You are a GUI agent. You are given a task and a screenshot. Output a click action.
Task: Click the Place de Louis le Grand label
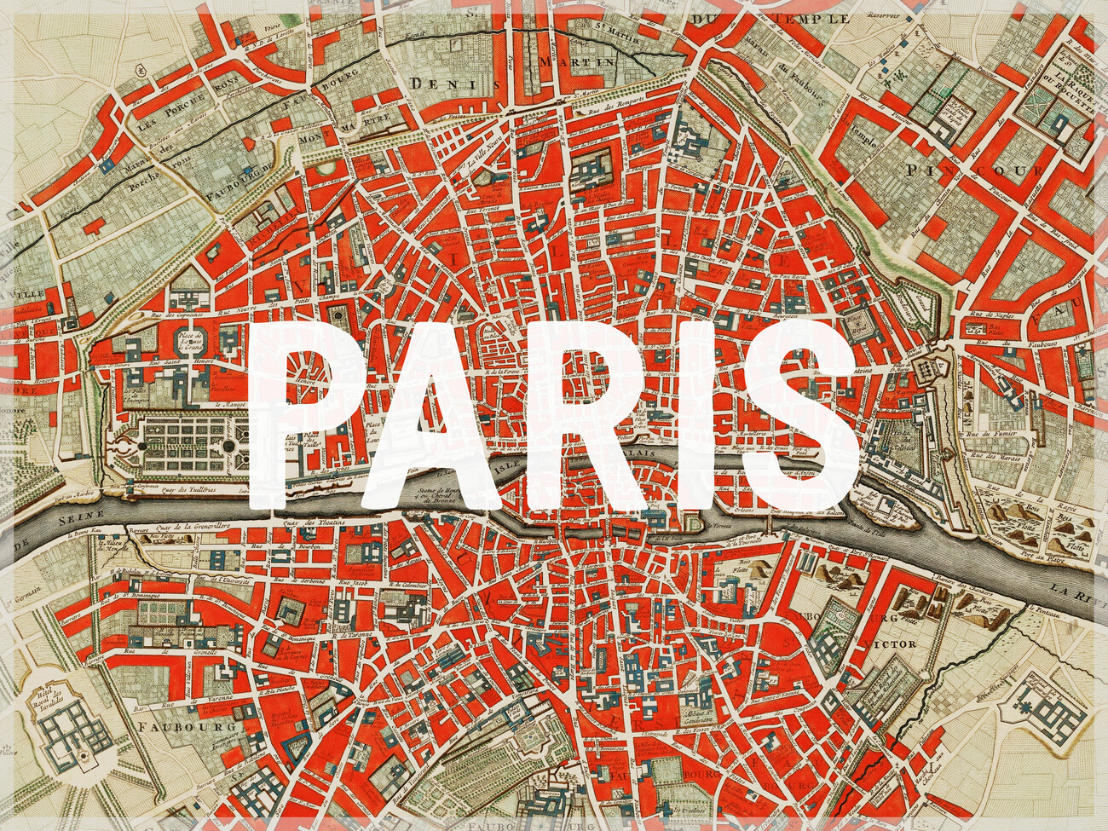coord(189,342)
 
